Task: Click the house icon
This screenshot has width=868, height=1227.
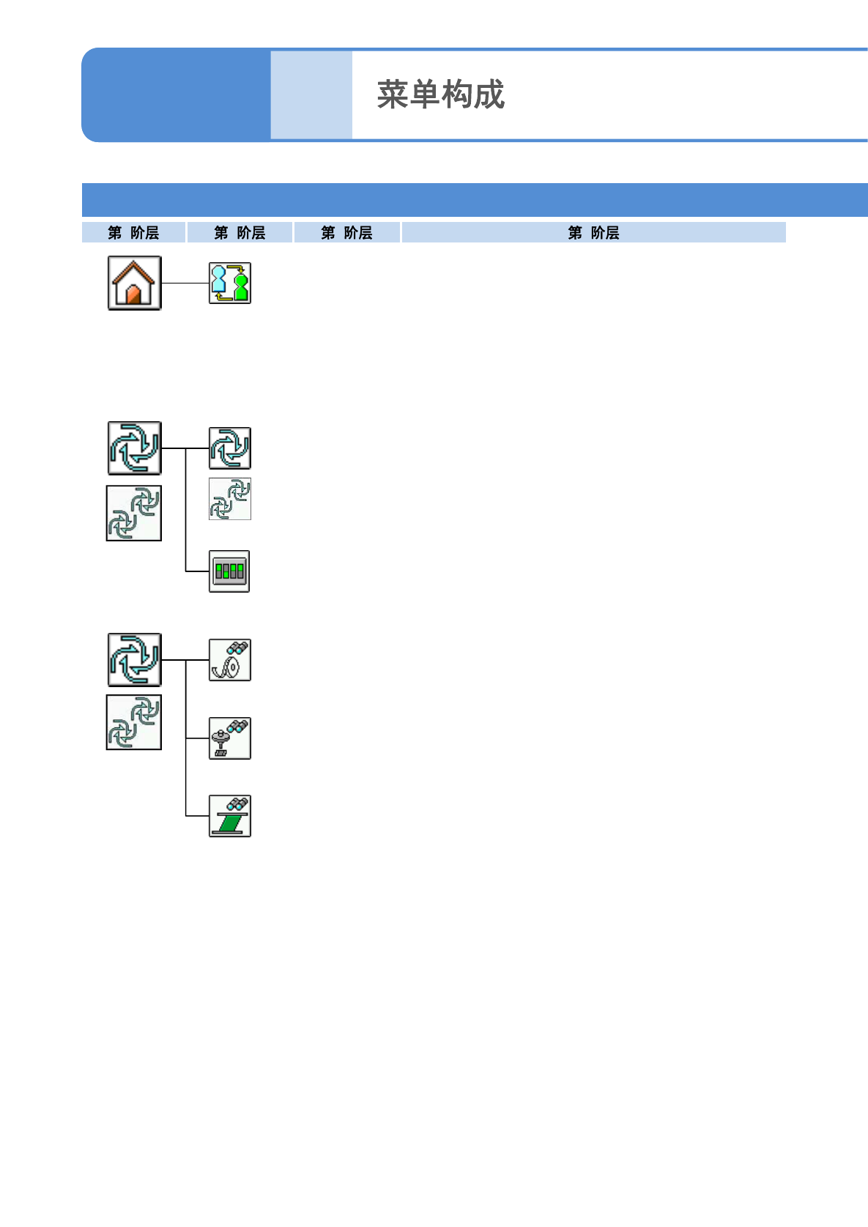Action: (x=134, y=283)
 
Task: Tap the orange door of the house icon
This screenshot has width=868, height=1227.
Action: (x=133, y=295)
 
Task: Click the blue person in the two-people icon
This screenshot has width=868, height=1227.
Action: (x=219, y=281)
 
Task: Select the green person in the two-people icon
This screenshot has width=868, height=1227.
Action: (x=241, y=286)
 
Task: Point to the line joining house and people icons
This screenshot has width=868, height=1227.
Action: (x=185, y=283)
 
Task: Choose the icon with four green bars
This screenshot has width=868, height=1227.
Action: (x=229, y=571)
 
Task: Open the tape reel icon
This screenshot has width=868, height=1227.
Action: (x=229, y=660)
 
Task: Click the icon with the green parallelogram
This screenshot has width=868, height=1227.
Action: (x=229, y=816)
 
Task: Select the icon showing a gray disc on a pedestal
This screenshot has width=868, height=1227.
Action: (x=229, y=738)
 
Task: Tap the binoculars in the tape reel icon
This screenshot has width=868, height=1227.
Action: (x=237, y=648)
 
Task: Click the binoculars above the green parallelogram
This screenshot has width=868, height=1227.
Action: (x=237, y=804)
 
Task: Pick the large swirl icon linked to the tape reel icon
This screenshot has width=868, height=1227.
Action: (x=134, y=659)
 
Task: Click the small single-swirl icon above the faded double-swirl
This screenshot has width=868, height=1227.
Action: (x=229, y=448)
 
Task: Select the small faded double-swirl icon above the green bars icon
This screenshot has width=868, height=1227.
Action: (x=229, y=499)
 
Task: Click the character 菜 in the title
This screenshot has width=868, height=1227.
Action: (x=393, y=95)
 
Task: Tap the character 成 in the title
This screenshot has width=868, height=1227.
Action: (x=489, y=95)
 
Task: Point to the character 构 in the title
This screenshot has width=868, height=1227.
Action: (x=457, y=95)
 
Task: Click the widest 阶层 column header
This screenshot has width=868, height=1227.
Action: (x=593, y=233)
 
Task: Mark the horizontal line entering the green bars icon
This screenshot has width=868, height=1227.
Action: (x=197, y=571)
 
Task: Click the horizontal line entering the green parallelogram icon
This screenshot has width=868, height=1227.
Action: (x=197, y=815)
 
